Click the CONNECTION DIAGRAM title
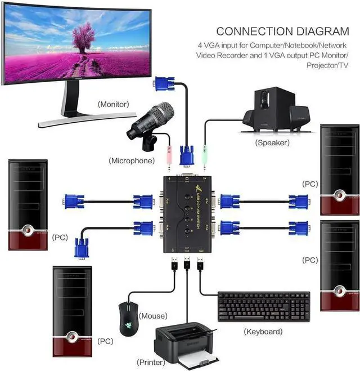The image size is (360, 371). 282,31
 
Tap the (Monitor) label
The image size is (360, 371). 113,104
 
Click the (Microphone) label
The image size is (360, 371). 131,160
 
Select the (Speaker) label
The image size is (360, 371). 272,142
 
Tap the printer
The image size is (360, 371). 186,345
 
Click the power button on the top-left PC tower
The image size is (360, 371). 29,231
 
